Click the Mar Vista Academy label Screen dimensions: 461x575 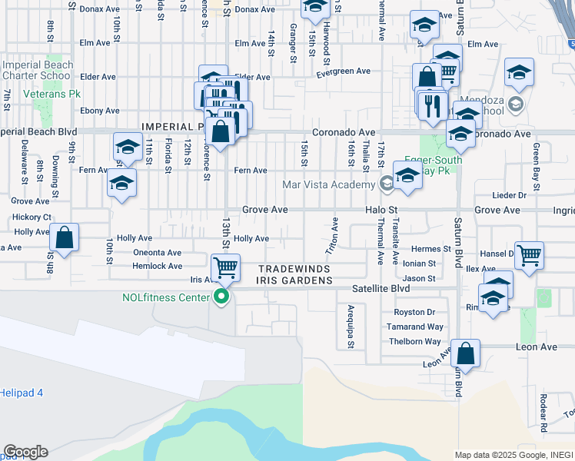click(328, 184)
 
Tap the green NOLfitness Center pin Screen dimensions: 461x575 click(223, 297)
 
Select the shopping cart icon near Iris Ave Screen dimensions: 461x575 click(226, 268)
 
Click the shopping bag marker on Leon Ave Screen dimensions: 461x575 click(466, 354)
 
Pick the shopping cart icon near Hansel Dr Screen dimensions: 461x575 click(529, 256)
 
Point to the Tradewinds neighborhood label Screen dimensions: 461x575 click(294, 269)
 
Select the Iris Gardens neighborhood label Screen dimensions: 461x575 click(294, 281)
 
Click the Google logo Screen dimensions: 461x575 click(25, 452)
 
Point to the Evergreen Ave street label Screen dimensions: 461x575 click(344, 71)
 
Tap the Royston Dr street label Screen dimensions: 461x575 click(414, 313)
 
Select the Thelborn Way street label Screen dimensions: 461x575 click(416, 341)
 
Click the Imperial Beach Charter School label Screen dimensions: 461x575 click(38, 71)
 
